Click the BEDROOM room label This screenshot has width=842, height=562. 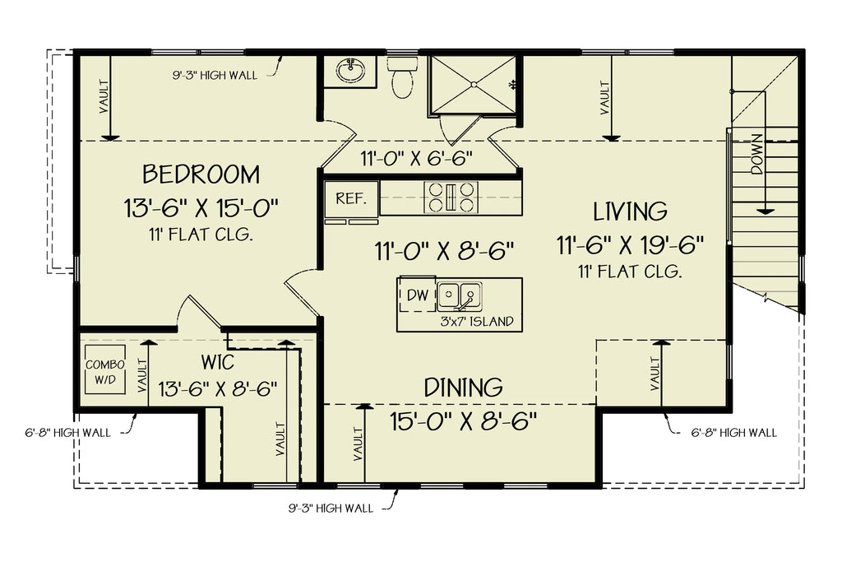(x=201, y=174)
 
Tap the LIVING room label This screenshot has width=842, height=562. (x=630, y=211)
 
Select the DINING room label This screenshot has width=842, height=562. (x=463, y=387)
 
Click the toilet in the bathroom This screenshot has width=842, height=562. (x=402, y=77)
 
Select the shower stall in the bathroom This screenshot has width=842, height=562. (x=474, y=83)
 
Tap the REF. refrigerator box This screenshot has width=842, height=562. (x=351, y=198)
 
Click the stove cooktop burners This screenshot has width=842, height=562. (x=450, y=197)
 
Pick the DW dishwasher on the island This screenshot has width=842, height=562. (x=418, y=295)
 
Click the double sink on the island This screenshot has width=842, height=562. (x=459, y=294)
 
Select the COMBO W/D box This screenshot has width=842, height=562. (x=105, y=371)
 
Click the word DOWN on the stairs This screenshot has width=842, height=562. (x=757, y=153)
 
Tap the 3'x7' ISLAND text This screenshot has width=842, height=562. (x=477, y=321)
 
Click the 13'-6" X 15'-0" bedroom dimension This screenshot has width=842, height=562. (x=201, y=207)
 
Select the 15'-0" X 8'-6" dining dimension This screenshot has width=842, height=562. (x=463, y=421)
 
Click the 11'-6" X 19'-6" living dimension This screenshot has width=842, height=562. (x=630, y=244)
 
